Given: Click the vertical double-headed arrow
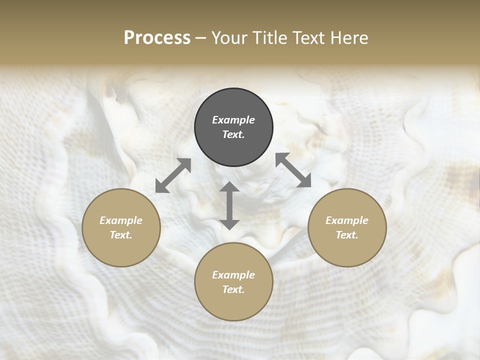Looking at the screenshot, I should click(229, 205).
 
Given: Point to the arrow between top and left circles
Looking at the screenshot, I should click(173, 175).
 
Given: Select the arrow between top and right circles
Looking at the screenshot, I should click(293, 170).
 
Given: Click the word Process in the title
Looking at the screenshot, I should click(157, 37).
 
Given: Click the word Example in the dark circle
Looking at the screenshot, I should click(233, 120).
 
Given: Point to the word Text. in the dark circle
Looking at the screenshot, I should click(233, 134).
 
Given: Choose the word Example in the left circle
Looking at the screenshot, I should click(121, 220).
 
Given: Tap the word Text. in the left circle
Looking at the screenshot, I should click(121, 235).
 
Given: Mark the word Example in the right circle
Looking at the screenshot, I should click(347, 220).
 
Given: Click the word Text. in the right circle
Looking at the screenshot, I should click(347, 235).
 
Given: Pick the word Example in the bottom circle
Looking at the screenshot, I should click(233, 275).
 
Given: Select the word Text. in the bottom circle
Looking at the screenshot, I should click(233, 289).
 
